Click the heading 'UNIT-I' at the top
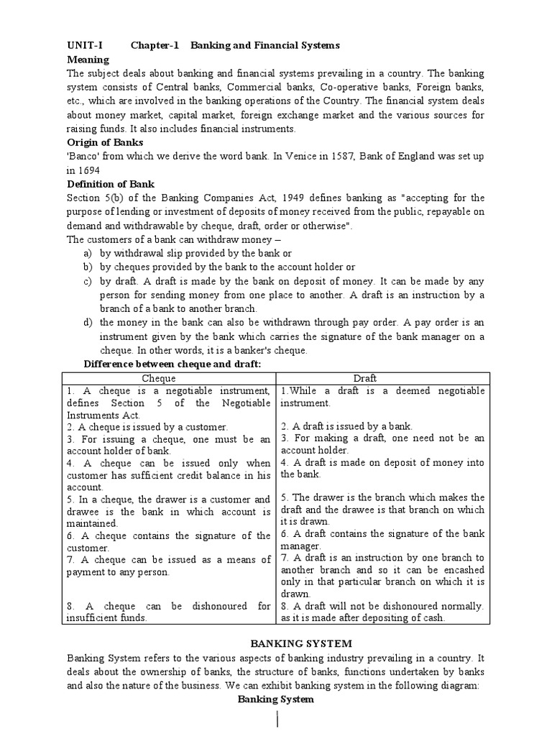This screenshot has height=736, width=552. coord(85,46)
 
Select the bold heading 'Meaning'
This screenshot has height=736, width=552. coord(88,60)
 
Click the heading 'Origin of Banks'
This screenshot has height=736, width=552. coord(104,142)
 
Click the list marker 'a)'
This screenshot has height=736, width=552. coord(88,253)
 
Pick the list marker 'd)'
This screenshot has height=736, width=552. coord(88,323)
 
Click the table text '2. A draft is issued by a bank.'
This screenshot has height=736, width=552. coord(346,425)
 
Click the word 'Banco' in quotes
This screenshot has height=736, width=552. coord(83,157)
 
